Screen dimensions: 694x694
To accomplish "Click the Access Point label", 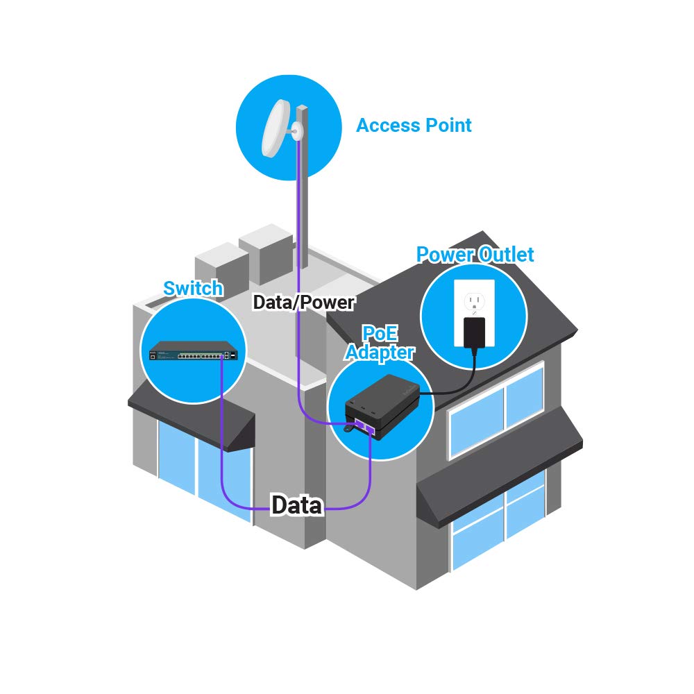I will [414, 126].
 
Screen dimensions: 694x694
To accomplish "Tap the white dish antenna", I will [276, 128].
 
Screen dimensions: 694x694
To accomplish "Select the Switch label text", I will [193, 288].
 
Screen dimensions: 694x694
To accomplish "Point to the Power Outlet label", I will [475, 255].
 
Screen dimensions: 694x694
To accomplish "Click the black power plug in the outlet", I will [474, 332].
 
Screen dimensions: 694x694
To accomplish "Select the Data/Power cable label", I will [304, 303].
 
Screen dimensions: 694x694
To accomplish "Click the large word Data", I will [297, 505].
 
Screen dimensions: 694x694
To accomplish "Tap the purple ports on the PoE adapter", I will [364, 425].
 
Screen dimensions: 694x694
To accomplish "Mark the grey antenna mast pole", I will [303, 208].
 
